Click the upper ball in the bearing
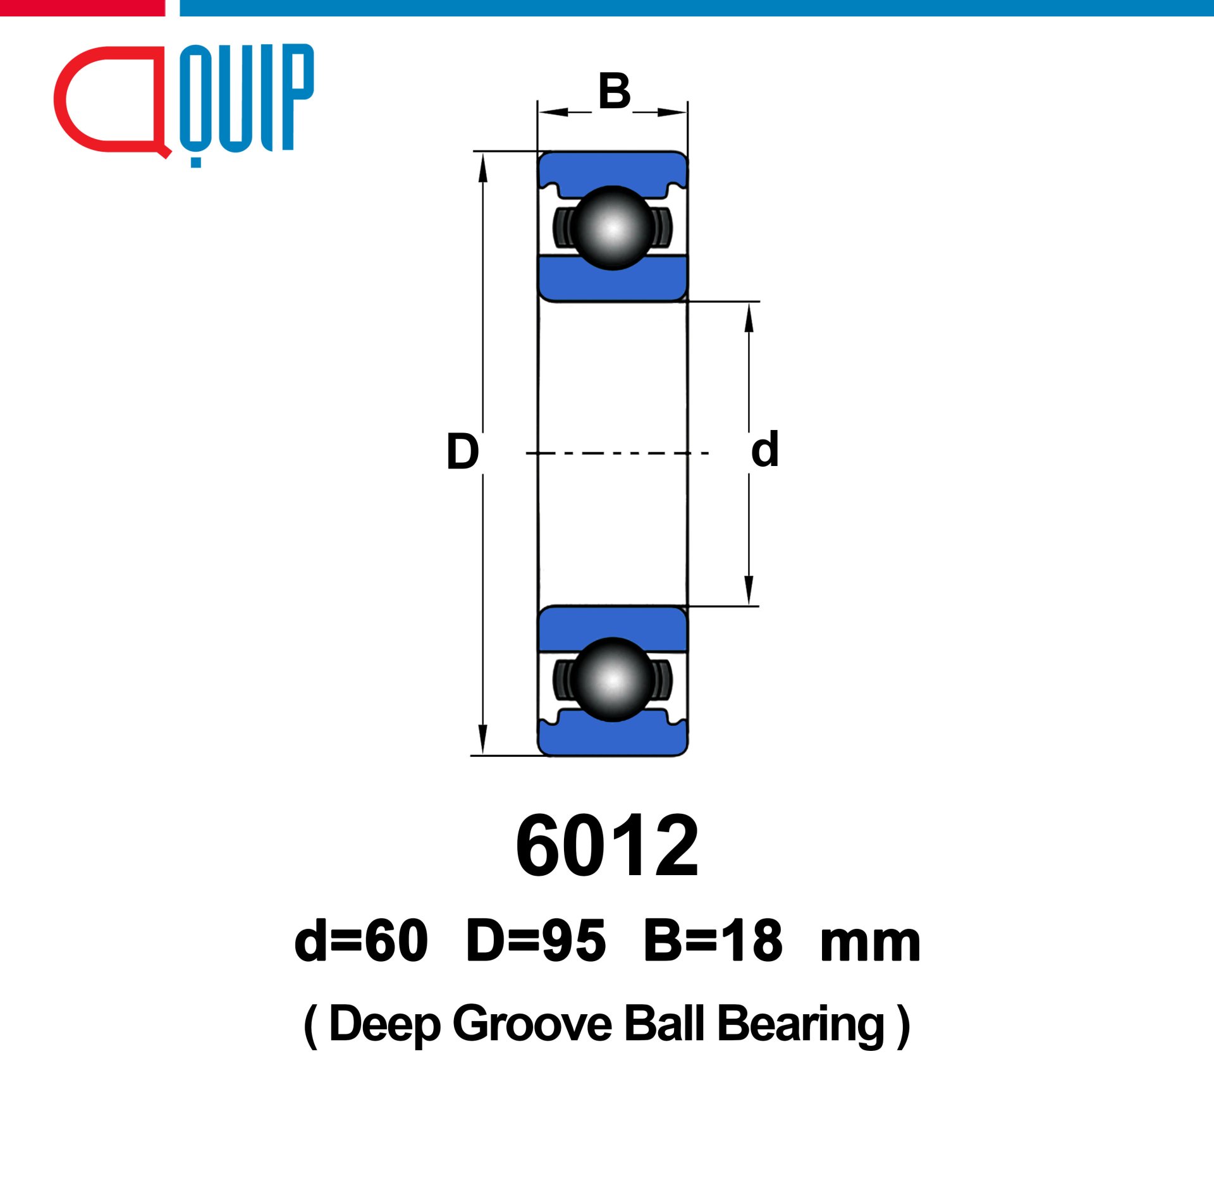pos(612,228)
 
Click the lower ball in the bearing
pos(612,680)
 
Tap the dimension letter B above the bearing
pos(615,91)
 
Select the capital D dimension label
pos(462,451)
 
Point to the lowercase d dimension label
pos(764,449)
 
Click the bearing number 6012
pos(607,847)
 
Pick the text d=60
pos(361,940)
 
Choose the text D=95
pos(536,940)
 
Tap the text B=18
pos(713,940)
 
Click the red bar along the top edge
pos(82,8)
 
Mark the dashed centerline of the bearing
pos(617,453)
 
